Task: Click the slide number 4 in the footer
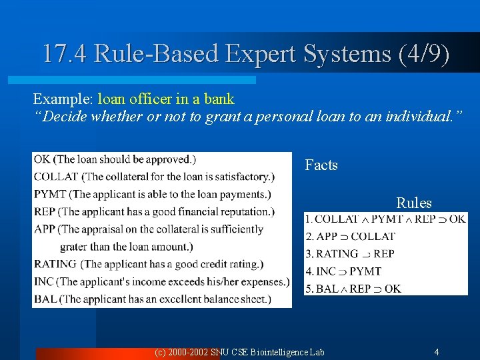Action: [436, 351]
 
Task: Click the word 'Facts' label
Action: [321, 165]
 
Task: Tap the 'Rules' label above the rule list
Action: [414, 203]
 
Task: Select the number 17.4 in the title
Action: [65, 53]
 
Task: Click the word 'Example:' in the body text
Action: [63, 99]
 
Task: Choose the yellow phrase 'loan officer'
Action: [135, 99]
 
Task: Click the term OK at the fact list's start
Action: [42, 159]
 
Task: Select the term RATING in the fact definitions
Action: [55, 264]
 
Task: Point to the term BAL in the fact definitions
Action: [45, 299]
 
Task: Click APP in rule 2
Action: [327, 236]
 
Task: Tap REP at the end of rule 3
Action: [384, 253]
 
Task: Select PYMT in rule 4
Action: [365, 271]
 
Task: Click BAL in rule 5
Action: [327, 289]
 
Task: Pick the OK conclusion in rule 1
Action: [457, 219]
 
